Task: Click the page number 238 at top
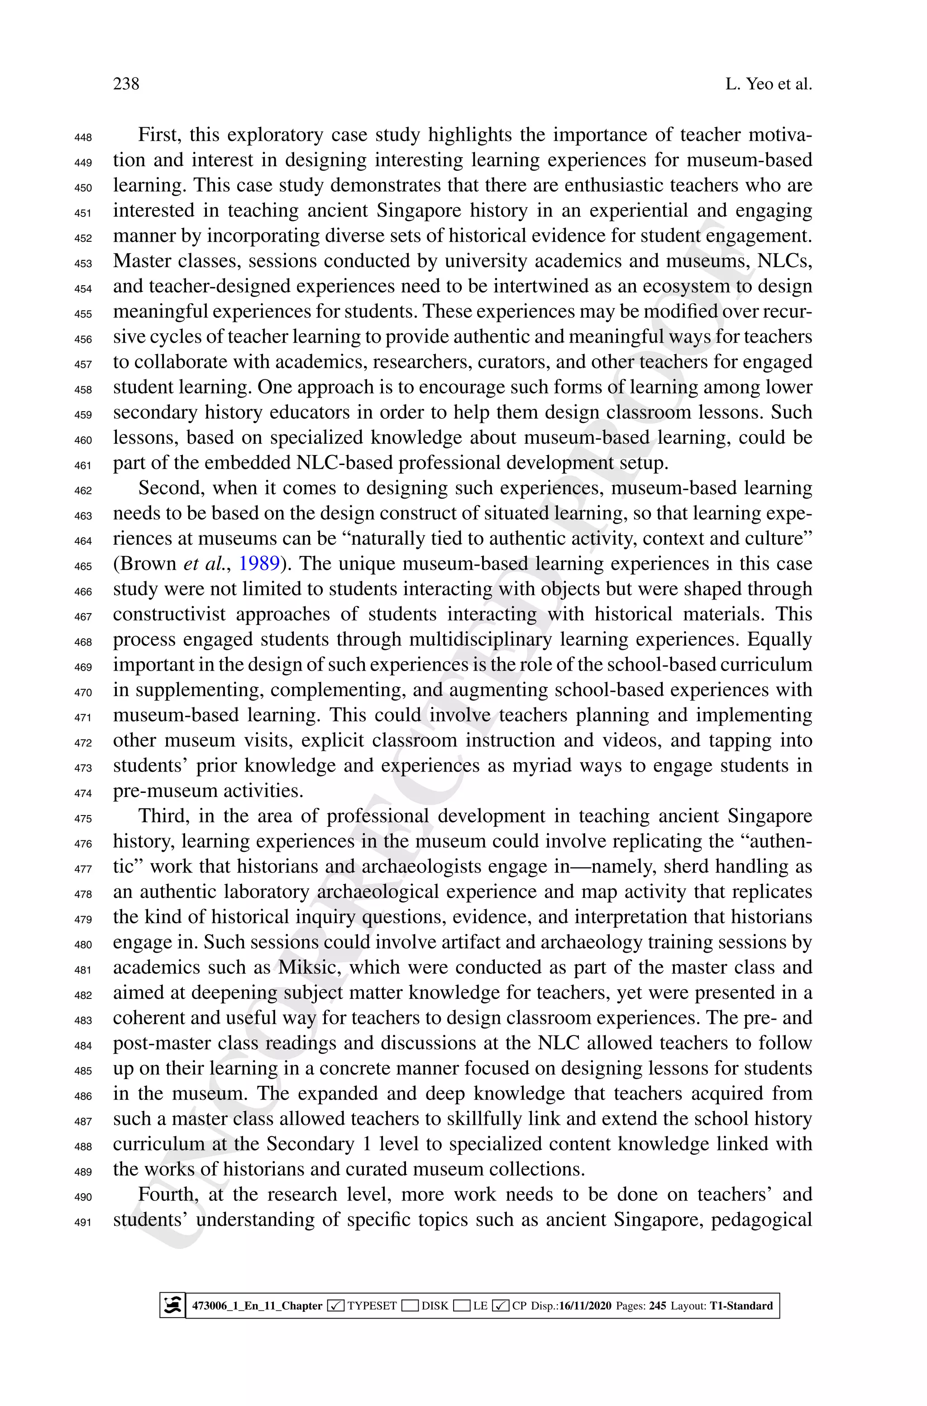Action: pos(126,84)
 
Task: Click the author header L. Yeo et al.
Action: pos(768,84)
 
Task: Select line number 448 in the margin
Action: pos(83,138)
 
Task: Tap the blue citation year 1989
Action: pos(258,563)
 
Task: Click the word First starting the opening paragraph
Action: pos(158,135)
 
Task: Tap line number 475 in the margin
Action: pos(83,819)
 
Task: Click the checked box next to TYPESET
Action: pos(336,1305)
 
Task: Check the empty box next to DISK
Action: pos(410,1305)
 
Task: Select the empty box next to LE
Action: pos(462,1305)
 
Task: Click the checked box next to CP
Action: pos(500,1305)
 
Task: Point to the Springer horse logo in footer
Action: pos(172,1305)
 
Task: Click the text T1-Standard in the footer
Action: pos(741,1305)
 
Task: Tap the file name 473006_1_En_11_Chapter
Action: pos(257,1305)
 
